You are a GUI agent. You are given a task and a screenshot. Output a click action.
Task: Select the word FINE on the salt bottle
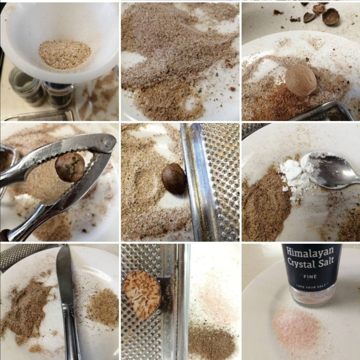pyautogui.click(x=310, y=277)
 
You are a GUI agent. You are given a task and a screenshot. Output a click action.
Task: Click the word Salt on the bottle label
pyautogui.click(x=324, y=262)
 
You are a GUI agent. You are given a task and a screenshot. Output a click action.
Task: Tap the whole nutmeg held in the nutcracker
pyautogui.click(x=70, y=167)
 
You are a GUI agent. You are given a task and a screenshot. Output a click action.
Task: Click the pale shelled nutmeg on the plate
pyautogui.click(x=301, y=80)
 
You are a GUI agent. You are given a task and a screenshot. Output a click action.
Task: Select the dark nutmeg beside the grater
pyautogui.click(x=174, y=179)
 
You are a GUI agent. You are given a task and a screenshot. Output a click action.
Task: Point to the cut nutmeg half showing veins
pyautogui.click(x=142, y=295)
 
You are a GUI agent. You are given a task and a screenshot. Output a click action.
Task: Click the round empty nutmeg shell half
pyautogui.click(x=330, y=16)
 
